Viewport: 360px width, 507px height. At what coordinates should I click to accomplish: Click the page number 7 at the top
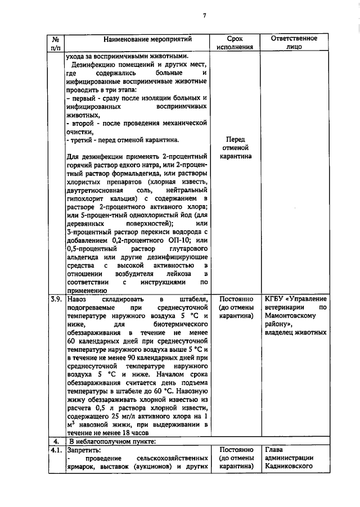click(x=204, y=16)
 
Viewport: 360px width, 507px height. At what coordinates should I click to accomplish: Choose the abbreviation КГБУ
click(x=276, y=299)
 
